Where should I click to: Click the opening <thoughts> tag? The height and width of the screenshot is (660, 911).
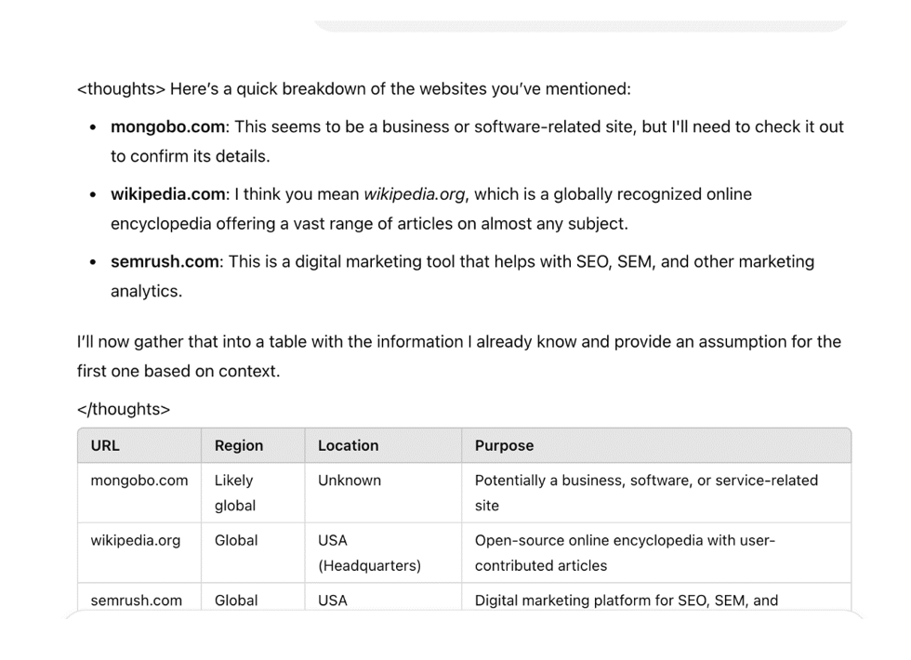(x=121, y=89)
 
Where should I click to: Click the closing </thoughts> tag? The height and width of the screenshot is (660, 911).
(x=124, y=409)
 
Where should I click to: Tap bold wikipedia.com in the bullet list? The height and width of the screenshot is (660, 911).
(x=167, y=194)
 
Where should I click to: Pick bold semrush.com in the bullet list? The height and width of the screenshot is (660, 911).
(x=165, y=261)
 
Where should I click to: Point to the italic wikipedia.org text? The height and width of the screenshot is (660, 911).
(x=414, y=194)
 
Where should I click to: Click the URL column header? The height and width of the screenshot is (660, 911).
(x=105, y=445)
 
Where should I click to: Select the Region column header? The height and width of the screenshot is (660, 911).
(x=239, y=445)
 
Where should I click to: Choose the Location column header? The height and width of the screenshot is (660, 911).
(x=348, y=445)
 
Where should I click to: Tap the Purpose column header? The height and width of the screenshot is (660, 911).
(x=504, y=445)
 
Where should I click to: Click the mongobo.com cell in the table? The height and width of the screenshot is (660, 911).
(x=139, y=481)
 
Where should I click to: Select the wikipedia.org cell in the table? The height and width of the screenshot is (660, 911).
(x=136, y=540)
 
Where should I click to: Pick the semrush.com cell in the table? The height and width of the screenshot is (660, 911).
(x=137, y=601)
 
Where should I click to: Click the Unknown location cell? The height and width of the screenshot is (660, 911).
(x=350, y=481)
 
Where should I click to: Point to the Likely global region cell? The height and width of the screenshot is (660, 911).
(x=234, y=493)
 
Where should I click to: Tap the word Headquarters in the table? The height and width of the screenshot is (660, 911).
(x=370, y=565)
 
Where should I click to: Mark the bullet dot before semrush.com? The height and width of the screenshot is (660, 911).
(x=93, y=262)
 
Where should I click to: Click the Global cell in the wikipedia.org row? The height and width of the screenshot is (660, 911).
(x=236, y=540)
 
